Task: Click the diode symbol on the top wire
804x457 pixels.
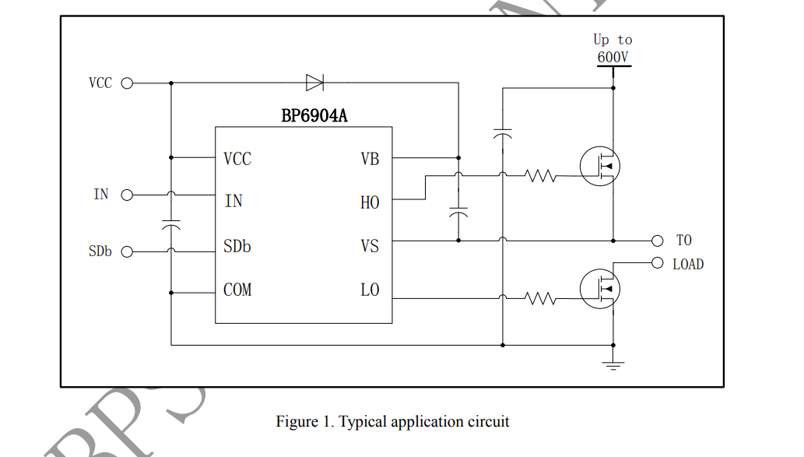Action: [315, 83]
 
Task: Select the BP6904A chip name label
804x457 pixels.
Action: [314, 117]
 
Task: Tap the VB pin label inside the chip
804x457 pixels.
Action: [370, 159]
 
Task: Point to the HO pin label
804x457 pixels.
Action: [370, 202]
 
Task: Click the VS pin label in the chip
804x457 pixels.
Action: [370, 246]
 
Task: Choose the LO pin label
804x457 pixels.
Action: [370, 290]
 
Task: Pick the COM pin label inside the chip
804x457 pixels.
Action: [237, 290]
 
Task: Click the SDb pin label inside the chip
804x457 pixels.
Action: [237, 246]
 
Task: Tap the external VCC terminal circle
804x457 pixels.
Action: [128, 83]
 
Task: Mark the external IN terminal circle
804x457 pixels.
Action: [128, 195]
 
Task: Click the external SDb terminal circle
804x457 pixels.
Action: [128, 251]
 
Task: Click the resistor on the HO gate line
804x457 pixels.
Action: [541, 176]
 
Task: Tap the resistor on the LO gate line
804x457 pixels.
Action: [541, 297]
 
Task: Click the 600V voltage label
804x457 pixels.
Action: [613, 57]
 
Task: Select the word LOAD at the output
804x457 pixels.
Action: [688, 265]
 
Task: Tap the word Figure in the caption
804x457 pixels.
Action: [296, 422]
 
